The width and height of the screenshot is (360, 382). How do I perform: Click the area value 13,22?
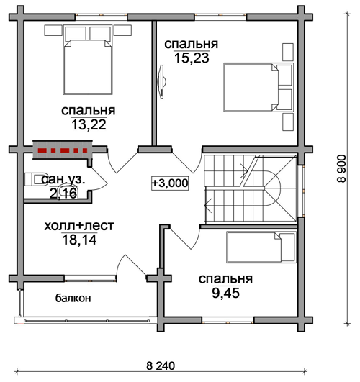[x=89, y=124]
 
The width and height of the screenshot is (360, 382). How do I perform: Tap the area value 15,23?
[x=192, y=58]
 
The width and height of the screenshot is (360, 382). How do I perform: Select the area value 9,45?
[x=225, y=293]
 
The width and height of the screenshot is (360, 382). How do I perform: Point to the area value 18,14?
[x=79, y=240]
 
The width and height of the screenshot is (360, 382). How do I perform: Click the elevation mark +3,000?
[x=170, y=183]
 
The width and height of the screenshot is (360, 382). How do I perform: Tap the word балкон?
[x=73, y=298]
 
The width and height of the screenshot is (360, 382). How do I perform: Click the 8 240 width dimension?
[x=161, y=365]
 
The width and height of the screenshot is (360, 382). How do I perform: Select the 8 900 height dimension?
[x=341, y=168]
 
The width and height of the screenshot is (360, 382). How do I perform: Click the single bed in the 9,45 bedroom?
[x=261, y=247]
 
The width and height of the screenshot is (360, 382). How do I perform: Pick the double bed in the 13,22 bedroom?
[x=88, y=60]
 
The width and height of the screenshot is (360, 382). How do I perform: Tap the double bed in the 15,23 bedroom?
[x=258, y=87]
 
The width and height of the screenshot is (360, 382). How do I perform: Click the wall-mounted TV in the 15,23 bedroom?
[x=161, y=82]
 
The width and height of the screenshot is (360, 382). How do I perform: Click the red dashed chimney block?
[x=63, y=150]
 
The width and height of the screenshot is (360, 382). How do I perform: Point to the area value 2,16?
[x=63, y=194]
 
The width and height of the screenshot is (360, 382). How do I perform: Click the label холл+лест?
[x=79, y=226]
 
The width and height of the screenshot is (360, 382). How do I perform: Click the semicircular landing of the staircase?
[x=272, y=188]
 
